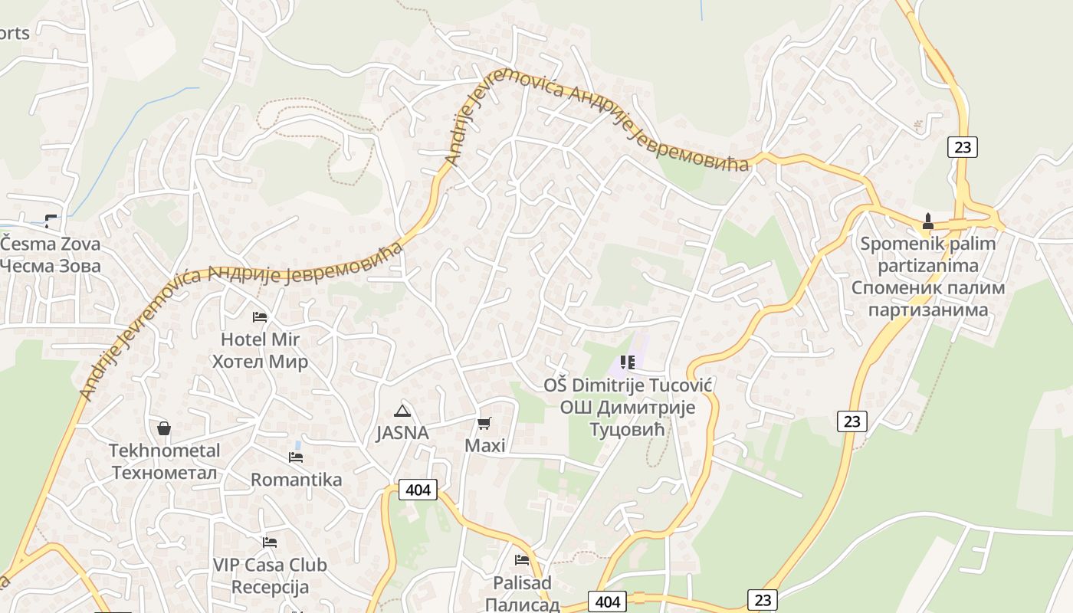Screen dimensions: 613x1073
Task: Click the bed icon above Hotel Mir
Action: (x=260, y=316)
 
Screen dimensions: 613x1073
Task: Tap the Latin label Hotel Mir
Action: (x=260, y=339)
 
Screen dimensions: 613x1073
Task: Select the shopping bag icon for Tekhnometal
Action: (x=163, y=428)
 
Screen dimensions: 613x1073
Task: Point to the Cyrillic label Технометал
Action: (x=164, y=473)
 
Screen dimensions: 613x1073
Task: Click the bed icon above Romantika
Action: (x=296, y=457)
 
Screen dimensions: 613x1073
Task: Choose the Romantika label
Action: (x=296, y=480)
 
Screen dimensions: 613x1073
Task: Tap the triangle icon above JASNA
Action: (x=402, y=411)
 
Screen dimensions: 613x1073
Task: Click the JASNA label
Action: (x=402, y=433)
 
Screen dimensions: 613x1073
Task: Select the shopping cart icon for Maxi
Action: (x=484, y=423)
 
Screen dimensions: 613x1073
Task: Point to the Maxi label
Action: (x=485, y=445)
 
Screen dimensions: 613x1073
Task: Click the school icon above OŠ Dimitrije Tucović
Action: (x=628, y=362)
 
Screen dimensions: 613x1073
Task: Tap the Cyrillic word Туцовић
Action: (x=627, y=430)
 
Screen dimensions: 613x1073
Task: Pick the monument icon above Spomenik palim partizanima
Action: (x=927, y=222)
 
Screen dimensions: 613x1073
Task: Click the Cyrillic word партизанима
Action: (x=927, y=310)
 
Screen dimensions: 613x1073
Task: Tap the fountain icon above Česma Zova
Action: (x=51, y=221)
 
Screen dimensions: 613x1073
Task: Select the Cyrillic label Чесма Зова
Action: (x=51, y=266)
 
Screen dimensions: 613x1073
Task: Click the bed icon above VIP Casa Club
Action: (x=269, y=543)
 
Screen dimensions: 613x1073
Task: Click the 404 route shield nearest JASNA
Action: (x=418, y=490)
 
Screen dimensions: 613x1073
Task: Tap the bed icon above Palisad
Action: (x=522, y=560)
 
